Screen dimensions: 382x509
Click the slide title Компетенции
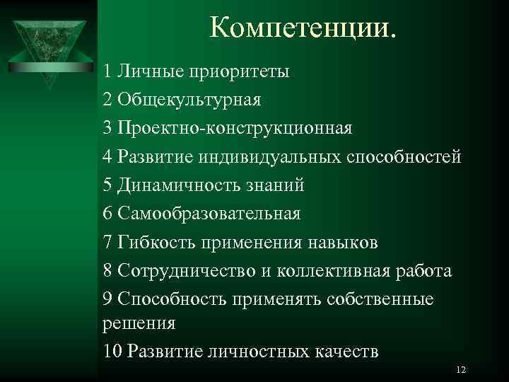[304, 28]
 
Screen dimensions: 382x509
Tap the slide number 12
[462, 371]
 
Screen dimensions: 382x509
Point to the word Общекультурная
[189, 100]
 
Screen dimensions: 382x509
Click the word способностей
[404, 157]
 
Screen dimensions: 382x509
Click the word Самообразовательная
[209, 214]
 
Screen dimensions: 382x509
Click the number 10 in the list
[112, 352]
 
